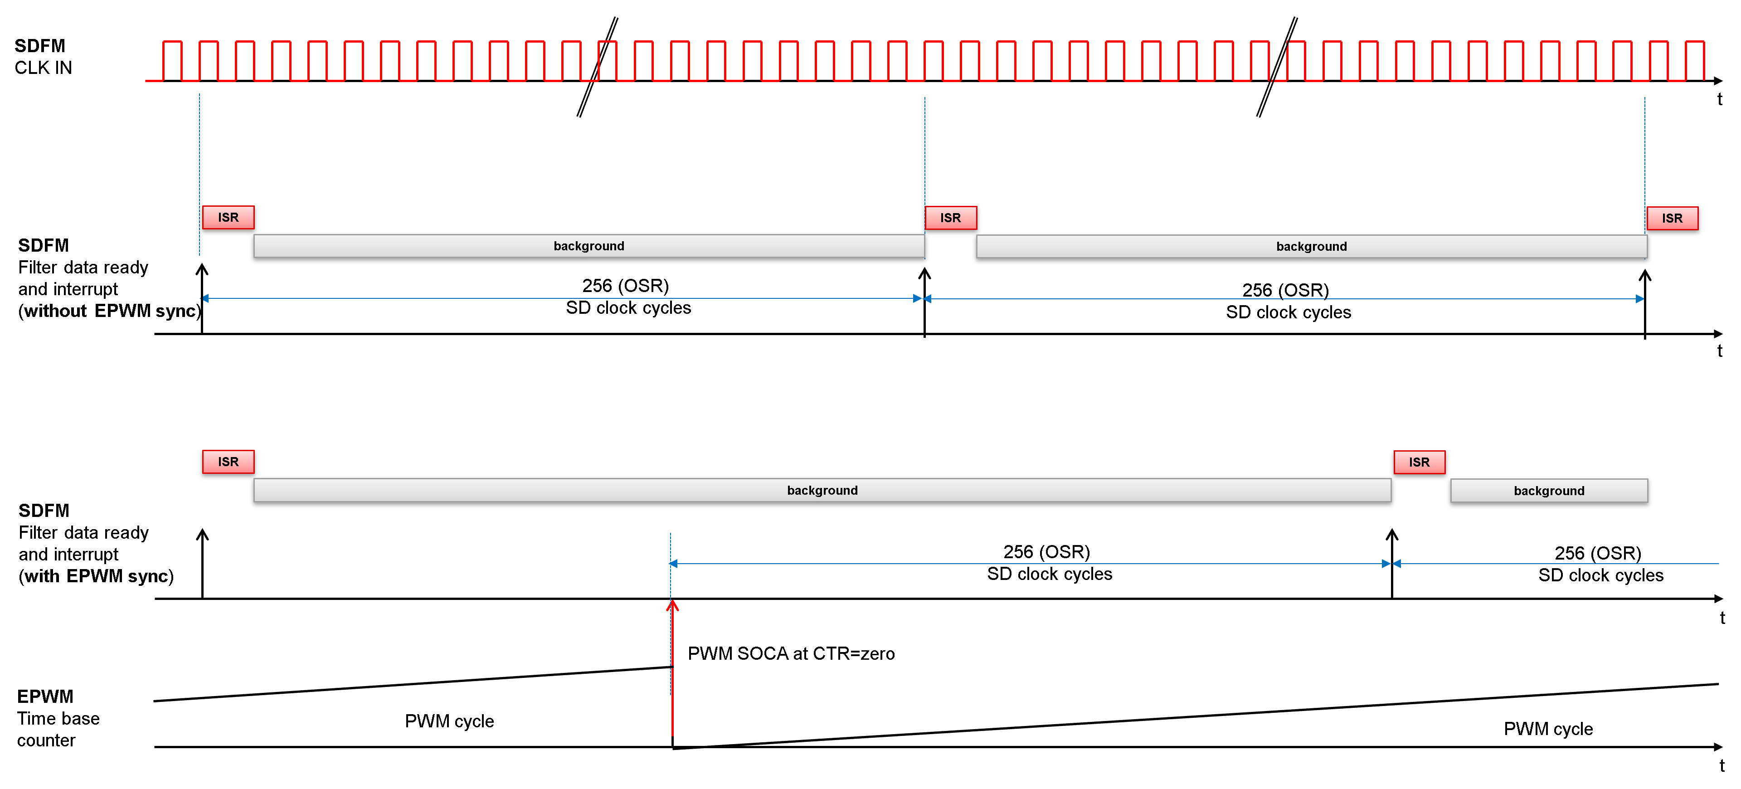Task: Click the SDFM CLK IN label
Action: coord(43,57)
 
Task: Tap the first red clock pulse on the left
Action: coord(172,61)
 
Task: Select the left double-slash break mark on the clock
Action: coord(598,67)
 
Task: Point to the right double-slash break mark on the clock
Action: coord(1277,67)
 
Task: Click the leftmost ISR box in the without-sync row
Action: coord(229,218)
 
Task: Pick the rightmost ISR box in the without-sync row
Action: coord(1672,219)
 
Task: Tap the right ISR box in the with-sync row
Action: coord(1419,463)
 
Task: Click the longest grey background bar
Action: coord(822,490)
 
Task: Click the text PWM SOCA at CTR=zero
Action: coord(791,654)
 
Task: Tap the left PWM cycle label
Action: coord(449,721)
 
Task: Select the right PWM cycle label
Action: coord(1548,729)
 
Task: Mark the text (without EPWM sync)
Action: coord(109,311)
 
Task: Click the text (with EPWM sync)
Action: coord(96,576)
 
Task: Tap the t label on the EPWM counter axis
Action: coord(1722,766)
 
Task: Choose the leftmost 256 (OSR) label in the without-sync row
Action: coord(625,286)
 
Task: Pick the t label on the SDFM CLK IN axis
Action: coord(1719,99)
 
